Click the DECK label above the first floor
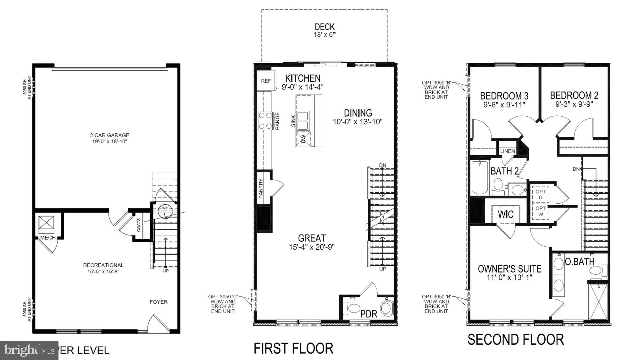(325, 27)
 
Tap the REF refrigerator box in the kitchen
(266, 81)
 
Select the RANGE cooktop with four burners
(265, 121)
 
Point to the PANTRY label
(261, 189)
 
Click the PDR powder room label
(369, 314)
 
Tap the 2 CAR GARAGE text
(109, 135)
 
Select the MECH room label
(48, 238)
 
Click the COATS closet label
(139, 225)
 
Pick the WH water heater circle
(165, 209)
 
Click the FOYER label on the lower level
(158, 302)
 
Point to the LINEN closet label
(507, 151)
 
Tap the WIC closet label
(506, 214)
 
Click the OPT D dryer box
(540, 194)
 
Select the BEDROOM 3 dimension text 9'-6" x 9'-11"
(504, 105)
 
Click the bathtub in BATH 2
(480, 178)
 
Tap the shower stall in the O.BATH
(598, 301)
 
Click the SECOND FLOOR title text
(515, 340)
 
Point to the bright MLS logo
(28, 350)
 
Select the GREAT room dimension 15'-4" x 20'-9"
(311, 247)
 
